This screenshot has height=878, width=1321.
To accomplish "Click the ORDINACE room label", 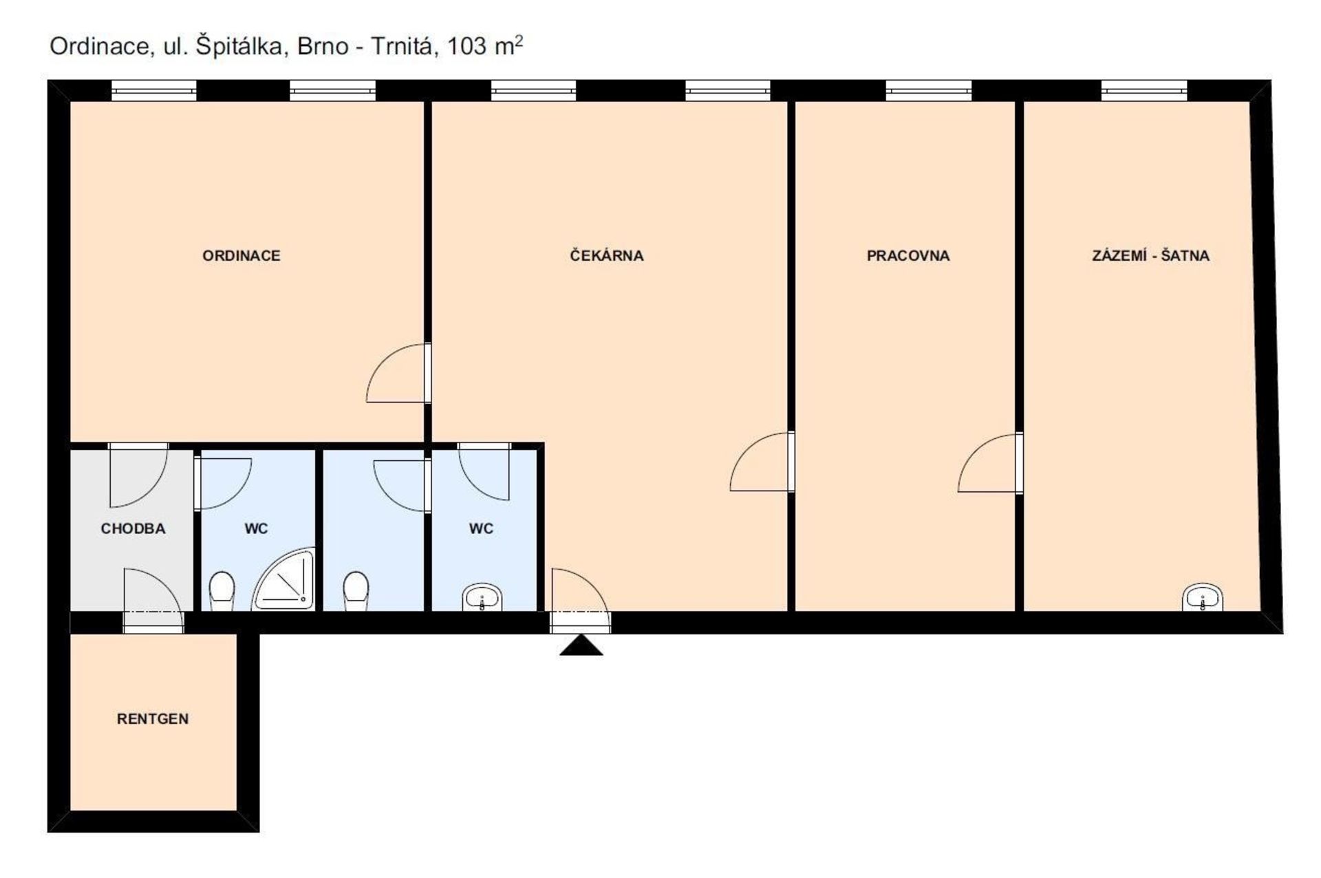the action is [241, 255].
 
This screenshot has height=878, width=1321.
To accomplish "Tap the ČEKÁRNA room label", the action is [606, 255].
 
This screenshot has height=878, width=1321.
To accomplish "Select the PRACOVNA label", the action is [907, 255].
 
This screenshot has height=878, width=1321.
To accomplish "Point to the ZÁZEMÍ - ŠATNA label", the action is [1150, 255].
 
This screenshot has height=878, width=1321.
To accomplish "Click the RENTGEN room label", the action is [152, 718].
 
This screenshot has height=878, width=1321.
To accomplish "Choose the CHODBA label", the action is [133, 528].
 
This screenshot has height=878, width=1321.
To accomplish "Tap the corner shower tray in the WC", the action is [283, 579].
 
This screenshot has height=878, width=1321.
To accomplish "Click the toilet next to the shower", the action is [222, 591].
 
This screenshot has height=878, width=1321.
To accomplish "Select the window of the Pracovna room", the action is [928, 91].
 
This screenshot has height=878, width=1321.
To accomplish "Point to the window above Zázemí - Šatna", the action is [1143, 91].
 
